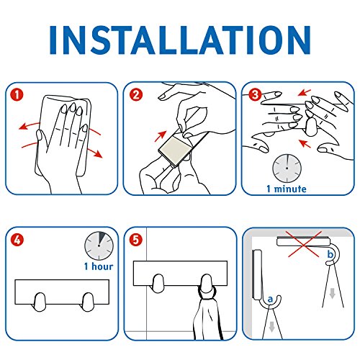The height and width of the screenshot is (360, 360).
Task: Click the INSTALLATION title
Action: [180, 40]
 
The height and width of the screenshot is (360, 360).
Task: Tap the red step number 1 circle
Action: [17, 94]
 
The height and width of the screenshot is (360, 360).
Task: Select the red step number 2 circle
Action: [136, 94]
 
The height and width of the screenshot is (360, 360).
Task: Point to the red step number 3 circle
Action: [255, 94]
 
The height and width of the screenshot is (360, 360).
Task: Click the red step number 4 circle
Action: [17, 239]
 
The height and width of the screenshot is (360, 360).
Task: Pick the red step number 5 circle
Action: [136, 239]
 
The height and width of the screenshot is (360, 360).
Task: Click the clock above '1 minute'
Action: [287, 168]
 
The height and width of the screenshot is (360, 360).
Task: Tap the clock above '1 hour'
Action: [99, 246]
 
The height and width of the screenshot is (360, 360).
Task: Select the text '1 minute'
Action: [287, 189]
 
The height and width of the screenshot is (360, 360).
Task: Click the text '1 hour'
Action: [99, 266]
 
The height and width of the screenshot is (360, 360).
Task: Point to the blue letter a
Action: [270, 299]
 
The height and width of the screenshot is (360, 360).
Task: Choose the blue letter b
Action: [330, 254]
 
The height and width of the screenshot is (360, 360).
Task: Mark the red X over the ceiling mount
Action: [305, 244]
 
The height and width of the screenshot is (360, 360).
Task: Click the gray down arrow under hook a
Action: [271, 328]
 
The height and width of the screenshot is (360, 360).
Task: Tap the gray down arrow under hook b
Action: [332, 293]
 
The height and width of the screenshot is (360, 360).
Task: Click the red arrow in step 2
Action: [161, 136]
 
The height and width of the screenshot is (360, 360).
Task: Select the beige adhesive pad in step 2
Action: [176, 148]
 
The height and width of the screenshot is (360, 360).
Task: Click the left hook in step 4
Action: [40, 302]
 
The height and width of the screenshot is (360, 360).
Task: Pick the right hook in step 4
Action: [88, 302]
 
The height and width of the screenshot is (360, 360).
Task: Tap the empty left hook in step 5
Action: [158, 284]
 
